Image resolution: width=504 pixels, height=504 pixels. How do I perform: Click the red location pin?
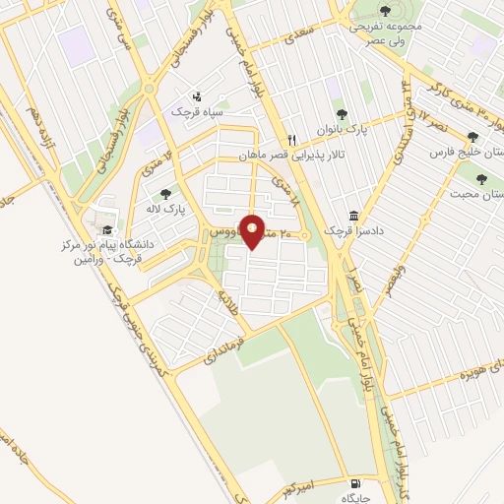click(252, 231)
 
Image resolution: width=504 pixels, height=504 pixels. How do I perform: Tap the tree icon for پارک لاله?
click(164, 194)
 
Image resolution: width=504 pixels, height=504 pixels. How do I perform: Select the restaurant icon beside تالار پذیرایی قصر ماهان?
click(292, 139)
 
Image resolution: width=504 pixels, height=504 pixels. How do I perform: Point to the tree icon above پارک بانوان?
click(343, 114)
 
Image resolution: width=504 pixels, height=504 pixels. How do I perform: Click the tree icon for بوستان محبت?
click(481, 179)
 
